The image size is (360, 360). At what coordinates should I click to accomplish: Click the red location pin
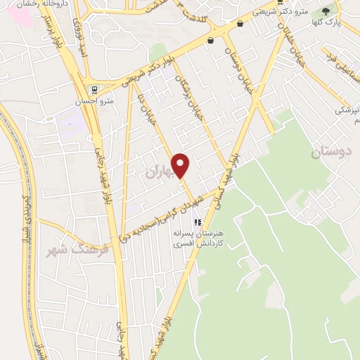click(181, 165)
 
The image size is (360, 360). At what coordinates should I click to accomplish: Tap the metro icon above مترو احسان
click(94, 89)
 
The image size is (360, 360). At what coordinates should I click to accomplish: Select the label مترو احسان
click(95, 101)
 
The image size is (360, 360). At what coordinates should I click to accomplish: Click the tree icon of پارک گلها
click(325, 11)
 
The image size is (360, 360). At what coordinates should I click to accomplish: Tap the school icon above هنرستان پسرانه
click(187, 221)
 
